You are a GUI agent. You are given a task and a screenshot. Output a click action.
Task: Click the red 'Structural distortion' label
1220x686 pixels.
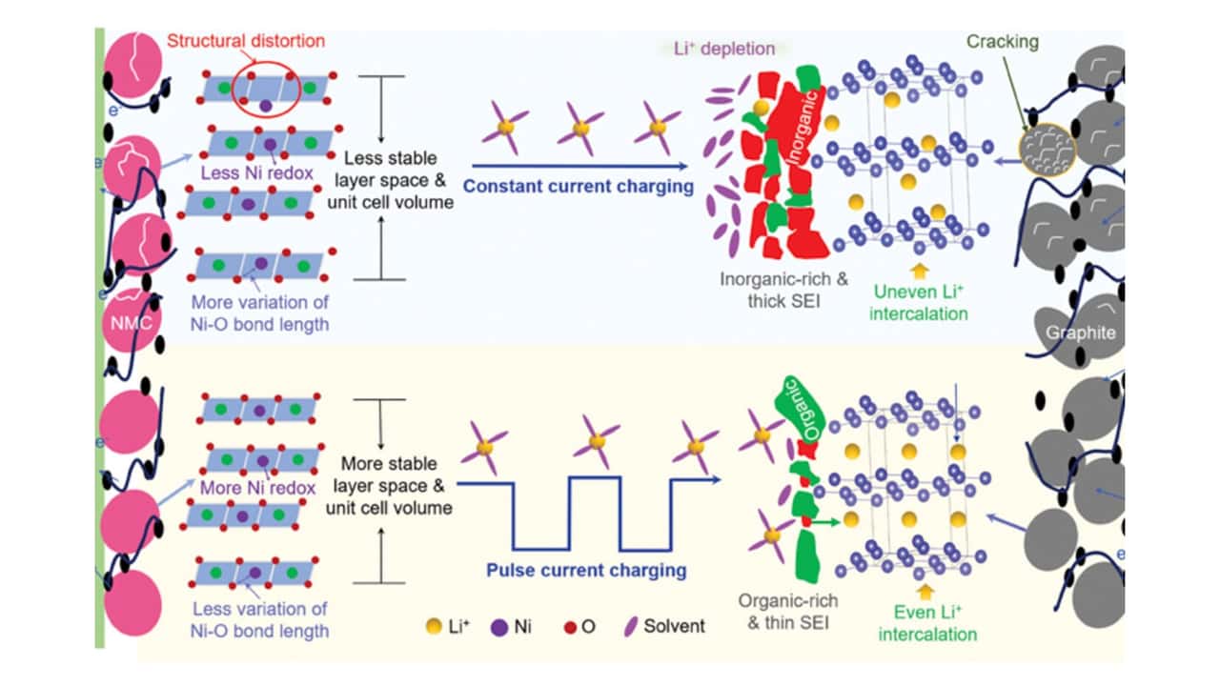245,41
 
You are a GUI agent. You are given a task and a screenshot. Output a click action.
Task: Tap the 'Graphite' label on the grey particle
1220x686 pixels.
1079,333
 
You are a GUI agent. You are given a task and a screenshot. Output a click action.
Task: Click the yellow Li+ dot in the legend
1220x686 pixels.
435,626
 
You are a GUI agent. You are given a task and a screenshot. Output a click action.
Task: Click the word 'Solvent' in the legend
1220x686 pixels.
673,626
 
